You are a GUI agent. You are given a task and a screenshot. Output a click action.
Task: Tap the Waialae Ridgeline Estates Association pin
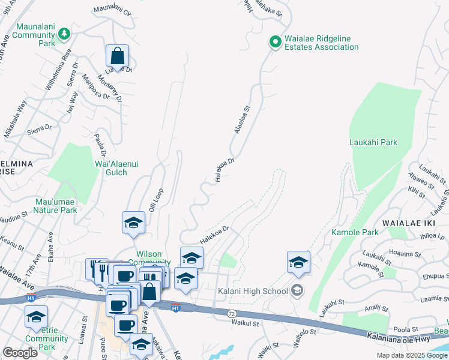coord(275,42)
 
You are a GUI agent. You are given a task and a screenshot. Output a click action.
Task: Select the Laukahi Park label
coord(373,143)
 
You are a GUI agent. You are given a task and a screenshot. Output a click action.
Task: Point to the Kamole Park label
coord(355,232)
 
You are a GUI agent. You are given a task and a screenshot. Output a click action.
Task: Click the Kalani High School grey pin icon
coord(297,291)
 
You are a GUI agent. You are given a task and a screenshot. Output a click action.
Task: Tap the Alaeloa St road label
coord(242,121)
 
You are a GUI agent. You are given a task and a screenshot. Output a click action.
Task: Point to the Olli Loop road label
coord(156,199)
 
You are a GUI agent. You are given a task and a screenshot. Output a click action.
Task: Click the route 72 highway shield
coord(231,313)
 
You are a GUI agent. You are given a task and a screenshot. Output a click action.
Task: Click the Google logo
coord(20,352)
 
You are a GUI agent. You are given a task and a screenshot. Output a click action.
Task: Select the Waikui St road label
coord(244,323)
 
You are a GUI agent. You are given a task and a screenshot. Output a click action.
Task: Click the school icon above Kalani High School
coord(298,262)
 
